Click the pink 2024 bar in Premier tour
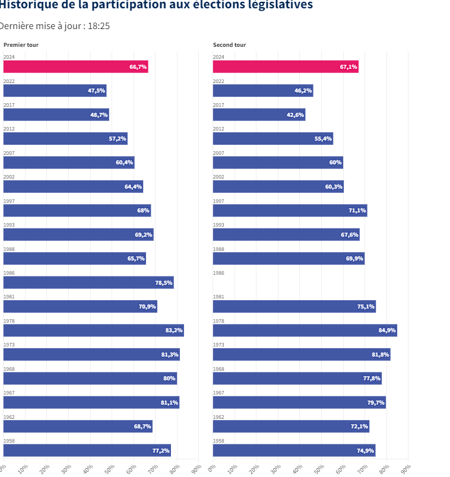click(75, 66)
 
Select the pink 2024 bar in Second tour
click(286, 66)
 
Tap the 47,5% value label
click(96, 91)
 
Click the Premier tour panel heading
click(21, 45)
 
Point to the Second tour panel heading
click(229, 45)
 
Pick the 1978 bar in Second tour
click(305, 330)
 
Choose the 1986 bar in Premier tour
click(88, 282)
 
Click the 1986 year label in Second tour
click(218, 273)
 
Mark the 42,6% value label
click(295, 115)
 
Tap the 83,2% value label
click(174, 330)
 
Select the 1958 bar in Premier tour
click(87, 450)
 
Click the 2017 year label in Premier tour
click(9, 105)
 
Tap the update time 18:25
click(99, 26)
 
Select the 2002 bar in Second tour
click(278, 186)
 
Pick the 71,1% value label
click(357, 211)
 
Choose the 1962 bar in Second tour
click(291, 426)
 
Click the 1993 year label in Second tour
click(218, 225)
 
